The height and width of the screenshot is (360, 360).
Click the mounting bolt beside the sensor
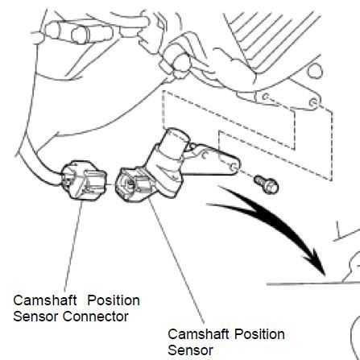click(x=267, y=184)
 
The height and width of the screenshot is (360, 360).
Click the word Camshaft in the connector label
click(x=45, y=300)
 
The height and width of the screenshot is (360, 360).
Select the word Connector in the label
click(x=96, y=317)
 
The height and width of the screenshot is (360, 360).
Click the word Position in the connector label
click(x=114, y=300)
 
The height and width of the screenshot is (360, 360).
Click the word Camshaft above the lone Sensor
click(x=199, y=334)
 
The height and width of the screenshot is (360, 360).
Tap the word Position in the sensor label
click(x=259, y=334)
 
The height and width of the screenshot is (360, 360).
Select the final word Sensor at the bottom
click(x=191, y=350)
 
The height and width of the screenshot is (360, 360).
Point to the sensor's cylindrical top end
click(x=177, y=138)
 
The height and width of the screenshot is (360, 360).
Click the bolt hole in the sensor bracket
click(x=234, y=167)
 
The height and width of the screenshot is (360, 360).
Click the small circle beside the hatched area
click(x=315, y=71)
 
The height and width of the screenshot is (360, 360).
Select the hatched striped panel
click(x=271, y=40)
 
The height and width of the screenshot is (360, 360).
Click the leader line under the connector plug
click(x=73, y=243)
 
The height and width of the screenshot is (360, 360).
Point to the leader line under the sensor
click(x=176, y=261)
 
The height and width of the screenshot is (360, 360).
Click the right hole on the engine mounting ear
click(x=313, y=102)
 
